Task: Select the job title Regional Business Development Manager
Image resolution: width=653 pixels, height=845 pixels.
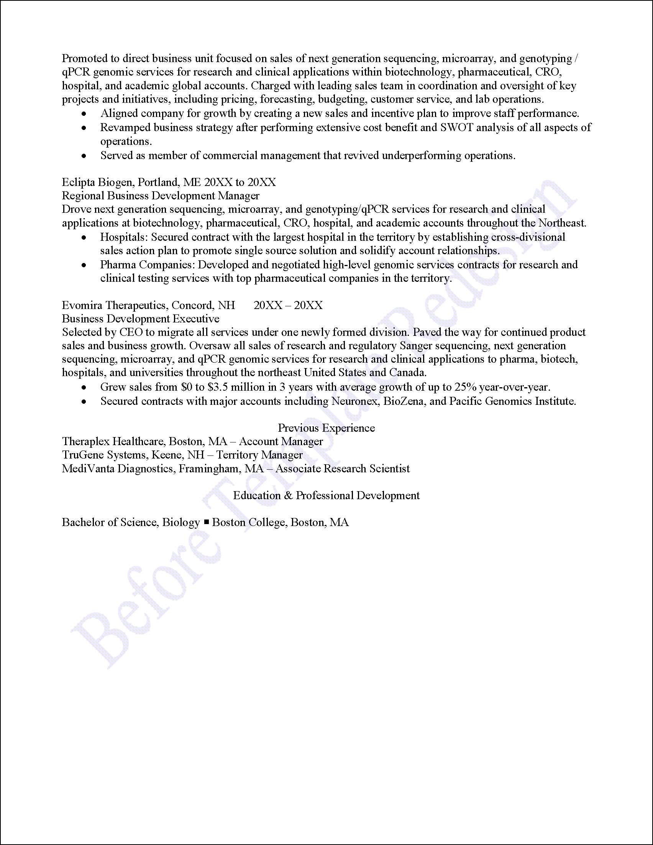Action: (161, 196)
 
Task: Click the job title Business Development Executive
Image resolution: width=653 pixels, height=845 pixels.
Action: (140, 319)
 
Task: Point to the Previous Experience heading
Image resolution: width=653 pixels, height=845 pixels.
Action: (326, 428)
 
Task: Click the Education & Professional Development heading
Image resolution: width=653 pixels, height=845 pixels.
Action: (326, 496)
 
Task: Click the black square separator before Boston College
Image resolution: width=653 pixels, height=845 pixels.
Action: (207, 522)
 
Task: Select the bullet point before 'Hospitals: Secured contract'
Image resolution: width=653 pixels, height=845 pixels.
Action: (84, 238)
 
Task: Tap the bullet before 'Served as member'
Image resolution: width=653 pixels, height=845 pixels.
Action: (84, 156)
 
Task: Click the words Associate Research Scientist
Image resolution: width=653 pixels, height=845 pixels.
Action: (343, 469)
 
